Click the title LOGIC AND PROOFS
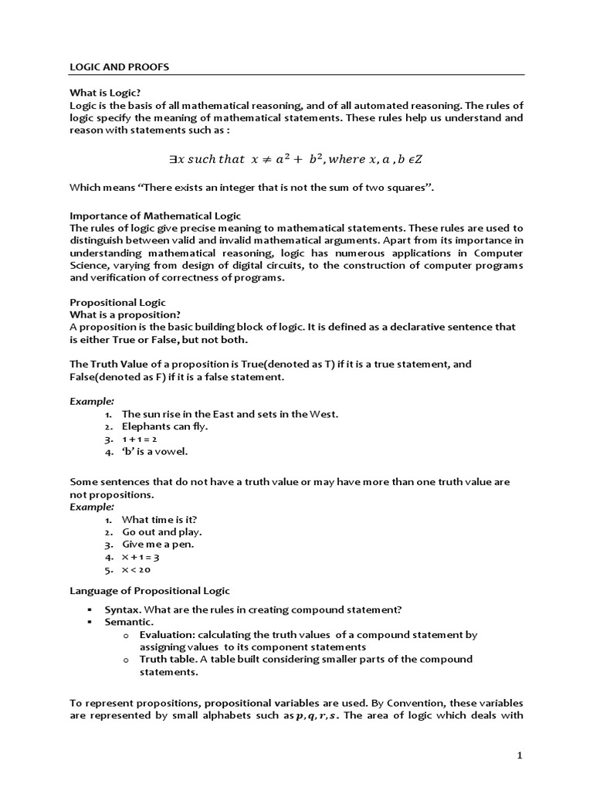click(x=119, y=67)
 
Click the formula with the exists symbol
click(x=296, y=159)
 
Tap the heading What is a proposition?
click(x=125, y=314)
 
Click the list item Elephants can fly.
click(x=165, y=426)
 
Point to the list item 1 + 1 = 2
click(x=140, y=439)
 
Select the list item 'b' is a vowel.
click(x=154, y=451)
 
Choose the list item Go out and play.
click(x=162, y=532)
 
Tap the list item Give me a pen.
click(x=158, y=545)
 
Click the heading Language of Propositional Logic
click(x=150, y=591)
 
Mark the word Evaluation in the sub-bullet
click(x=168, y=634)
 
